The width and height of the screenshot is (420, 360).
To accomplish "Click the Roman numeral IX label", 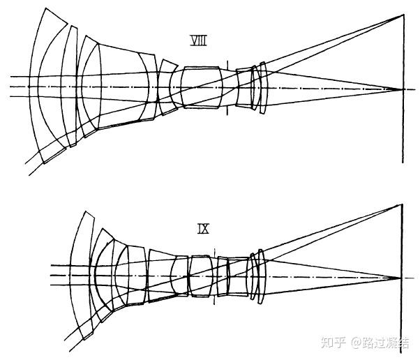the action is [204, 228].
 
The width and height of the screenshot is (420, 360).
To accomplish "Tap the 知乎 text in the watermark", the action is [331, 343].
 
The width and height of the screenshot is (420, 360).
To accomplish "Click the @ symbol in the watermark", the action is [355, 343].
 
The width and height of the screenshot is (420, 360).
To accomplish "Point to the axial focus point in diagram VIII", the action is [403, 89].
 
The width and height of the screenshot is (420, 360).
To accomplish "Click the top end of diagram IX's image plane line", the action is [402, 204].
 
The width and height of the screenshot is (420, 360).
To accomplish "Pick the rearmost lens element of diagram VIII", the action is [263, 89].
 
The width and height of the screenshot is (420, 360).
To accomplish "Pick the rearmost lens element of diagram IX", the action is [262, 277].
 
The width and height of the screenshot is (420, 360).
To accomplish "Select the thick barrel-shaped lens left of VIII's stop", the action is [202, 87].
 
